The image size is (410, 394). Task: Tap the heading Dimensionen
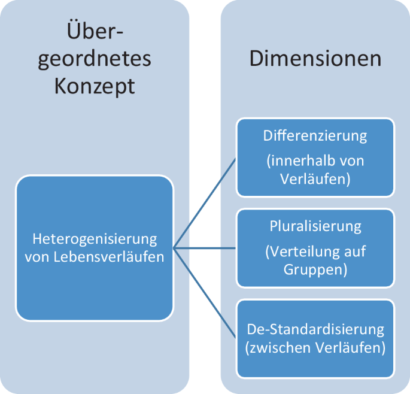click(x=315, y=58)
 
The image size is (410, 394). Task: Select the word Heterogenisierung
click(x=95, y=240)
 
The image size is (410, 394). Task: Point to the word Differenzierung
click(x=315, y=135)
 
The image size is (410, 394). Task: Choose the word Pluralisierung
click(x=315, y=226)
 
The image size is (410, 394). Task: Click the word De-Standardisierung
click(x=315, y=329)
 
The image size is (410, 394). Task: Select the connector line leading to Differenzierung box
click(x=204, y=204)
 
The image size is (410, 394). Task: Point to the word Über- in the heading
click(x=95, y=29)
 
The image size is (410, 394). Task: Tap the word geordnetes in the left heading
click(x=95, y=58)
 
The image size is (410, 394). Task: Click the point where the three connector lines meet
click(x=173, y=247)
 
